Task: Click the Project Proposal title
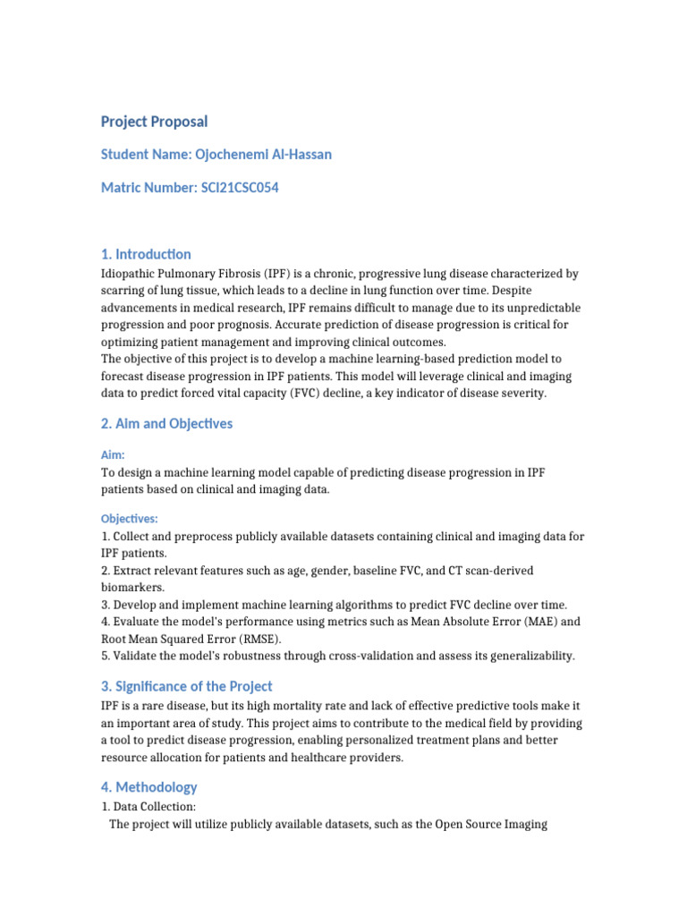pos(154,122)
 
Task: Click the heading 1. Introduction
pos(146,254)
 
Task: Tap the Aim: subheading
pos(113,454)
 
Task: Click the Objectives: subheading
pos(130,518)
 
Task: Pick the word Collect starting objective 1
pos(133,537)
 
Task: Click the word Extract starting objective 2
pos(134,571)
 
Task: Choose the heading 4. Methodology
pos(148,787)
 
